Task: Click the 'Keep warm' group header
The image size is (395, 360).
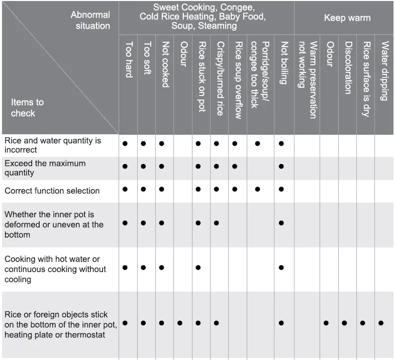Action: (x=347, y=18)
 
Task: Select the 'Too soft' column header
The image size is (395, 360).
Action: (x=147, y=58)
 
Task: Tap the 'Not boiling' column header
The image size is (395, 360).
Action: (x=284, y=62)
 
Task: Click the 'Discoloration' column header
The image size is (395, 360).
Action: (x=348, y=68)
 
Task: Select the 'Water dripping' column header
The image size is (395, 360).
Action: (x=384, y=71)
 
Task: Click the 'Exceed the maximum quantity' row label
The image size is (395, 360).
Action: (x=45, y=168)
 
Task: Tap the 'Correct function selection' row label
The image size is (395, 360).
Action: (x=52, y=191)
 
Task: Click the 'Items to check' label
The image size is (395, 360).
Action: (x=27, y=108)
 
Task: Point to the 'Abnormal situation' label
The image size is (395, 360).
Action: (x=90, y=20)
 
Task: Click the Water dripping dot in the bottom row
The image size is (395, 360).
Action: (x=381, y=323)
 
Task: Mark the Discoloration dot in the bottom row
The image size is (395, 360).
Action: (x=344, y=323)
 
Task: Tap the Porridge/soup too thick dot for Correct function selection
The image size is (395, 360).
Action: (x=257, y=190)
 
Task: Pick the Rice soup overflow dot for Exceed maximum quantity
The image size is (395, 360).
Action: (x=235, y=166)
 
